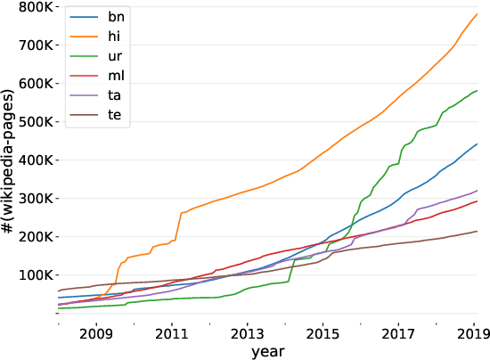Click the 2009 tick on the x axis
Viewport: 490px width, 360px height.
[95, 335]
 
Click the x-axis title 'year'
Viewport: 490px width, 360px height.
[267, 352]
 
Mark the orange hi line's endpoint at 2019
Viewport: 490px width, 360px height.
[477, 14]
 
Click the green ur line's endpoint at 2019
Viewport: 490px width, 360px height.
[477, 91]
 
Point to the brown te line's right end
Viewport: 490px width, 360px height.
[477, 232]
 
